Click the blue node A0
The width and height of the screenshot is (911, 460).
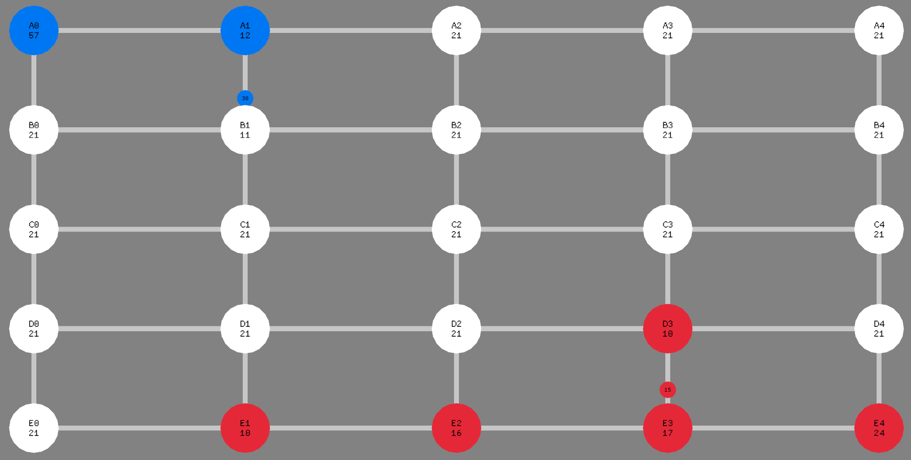point(34,30)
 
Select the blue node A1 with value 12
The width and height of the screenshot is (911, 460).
point(245,30)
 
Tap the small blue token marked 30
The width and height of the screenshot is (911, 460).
point(245,98)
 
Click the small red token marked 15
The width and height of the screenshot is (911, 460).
point(668,390)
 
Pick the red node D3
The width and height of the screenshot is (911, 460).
point(668,329)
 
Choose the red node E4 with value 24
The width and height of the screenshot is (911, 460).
point(879,428)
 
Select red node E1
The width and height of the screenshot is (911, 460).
point(245,428)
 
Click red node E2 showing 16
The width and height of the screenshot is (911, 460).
point(456,428)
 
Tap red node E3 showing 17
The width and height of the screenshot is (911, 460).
point(668,428)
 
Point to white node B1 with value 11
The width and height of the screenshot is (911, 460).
point(245,130)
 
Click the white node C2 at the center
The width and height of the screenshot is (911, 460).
point(456,230)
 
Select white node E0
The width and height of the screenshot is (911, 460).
point(34,428)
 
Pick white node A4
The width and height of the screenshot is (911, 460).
point(879,30)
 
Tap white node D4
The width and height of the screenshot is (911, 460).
point(879,329)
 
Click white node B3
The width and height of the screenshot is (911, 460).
point(668,130)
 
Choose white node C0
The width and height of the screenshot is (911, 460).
point(34,230)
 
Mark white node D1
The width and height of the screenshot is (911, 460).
point(245,329)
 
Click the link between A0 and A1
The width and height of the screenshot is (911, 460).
point(140,30)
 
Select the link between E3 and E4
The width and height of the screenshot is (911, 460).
point(773,428)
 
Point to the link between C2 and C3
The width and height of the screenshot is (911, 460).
point(562,230)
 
